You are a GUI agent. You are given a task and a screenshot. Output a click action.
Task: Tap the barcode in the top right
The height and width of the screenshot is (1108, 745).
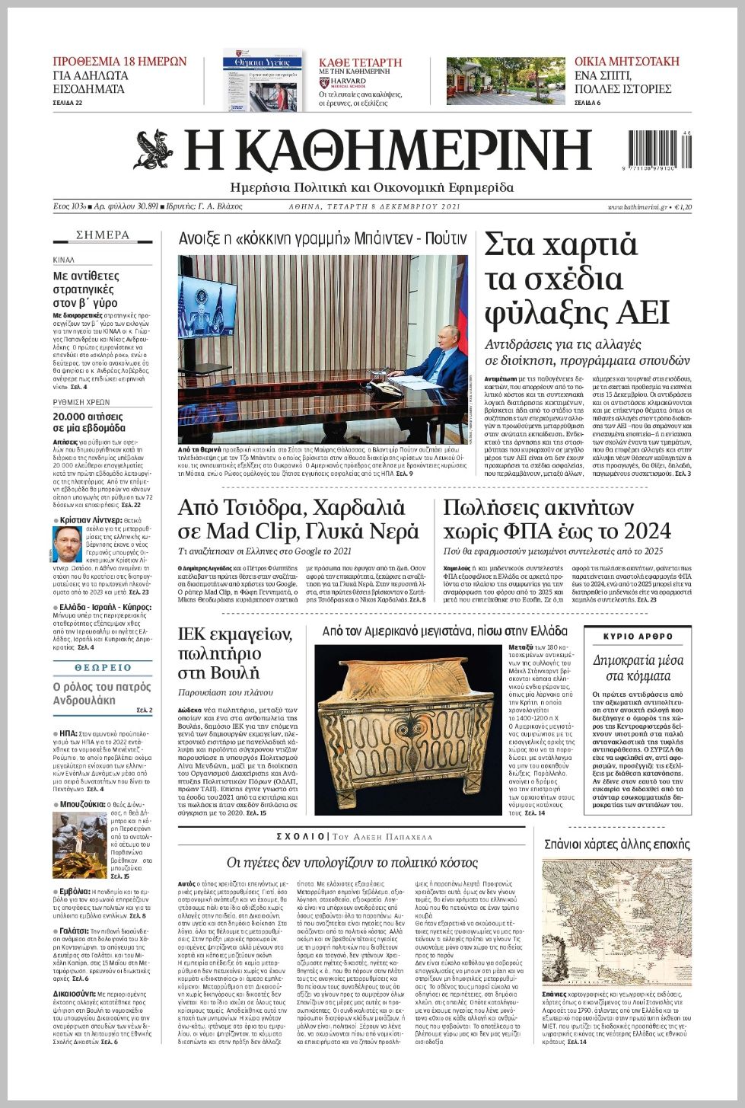coord(660,150)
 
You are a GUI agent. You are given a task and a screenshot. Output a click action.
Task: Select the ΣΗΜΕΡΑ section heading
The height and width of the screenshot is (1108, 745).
coord(103,235)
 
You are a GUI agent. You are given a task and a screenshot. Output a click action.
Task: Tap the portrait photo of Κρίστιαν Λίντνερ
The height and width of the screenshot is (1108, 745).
coord(68,544)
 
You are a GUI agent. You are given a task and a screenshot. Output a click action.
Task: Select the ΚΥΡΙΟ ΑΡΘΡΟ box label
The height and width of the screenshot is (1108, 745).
coord(638,636)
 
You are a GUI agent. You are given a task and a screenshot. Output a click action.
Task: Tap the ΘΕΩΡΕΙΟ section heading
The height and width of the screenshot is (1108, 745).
coord(103,668)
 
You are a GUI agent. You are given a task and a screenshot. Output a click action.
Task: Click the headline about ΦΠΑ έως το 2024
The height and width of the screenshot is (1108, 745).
coord(557,519)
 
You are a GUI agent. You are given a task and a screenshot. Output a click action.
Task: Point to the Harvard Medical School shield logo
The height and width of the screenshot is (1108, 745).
coord(323,81)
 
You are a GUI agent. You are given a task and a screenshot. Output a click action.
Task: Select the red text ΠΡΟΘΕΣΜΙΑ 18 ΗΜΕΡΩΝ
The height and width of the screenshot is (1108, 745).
coord(119,62)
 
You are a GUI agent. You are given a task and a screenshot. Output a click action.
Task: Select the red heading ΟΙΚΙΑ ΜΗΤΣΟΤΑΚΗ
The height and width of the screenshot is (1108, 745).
coord(626,62)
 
